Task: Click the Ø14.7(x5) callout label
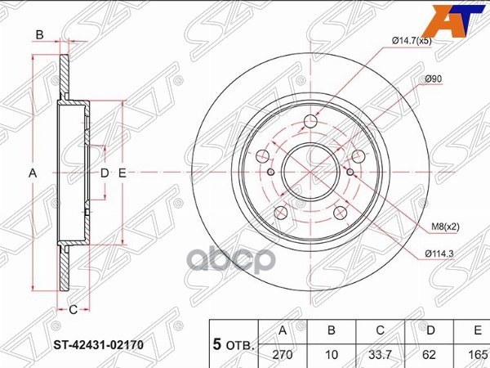(412, 41)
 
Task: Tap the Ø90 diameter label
(434, 79)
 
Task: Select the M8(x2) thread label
(445, 227)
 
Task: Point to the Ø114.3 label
(439, 254)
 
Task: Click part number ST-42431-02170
(99, 345)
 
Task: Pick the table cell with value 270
(283, 356)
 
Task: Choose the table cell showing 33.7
(381, 356)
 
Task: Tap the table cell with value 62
(429, 356)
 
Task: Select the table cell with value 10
(332, 356)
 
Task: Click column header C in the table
(381, 331)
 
